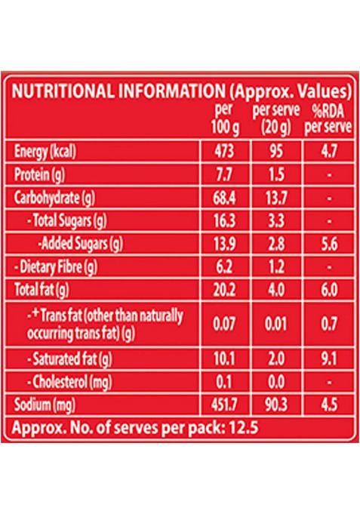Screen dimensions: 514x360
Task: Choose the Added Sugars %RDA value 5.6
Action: [x=327, y=245]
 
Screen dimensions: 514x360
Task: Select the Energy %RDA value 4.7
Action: [x=327, y=152]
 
